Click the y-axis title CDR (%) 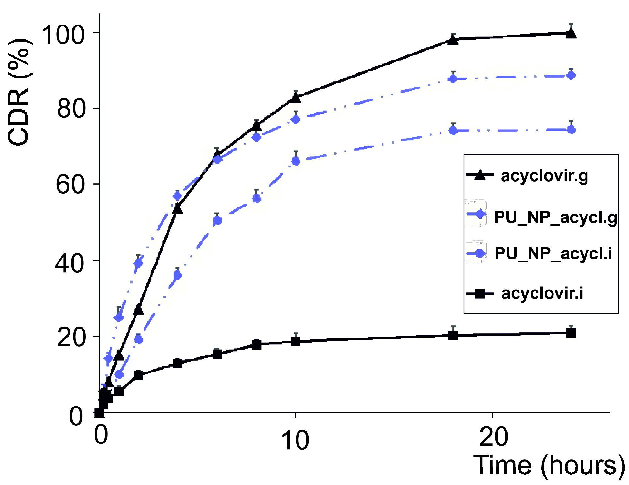point(19,93)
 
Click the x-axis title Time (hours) point(549,465)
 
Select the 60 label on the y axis point(70,185)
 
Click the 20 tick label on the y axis point(71,338)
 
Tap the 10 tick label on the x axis point(295,440)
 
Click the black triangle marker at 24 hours point(571,33)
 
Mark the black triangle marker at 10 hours point(296,97)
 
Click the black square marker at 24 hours point(571,333)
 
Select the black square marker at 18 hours point(453,335)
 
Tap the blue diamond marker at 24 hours point(571,76)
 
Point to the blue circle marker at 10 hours point(296,161)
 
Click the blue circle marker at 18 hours point(453,131)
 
